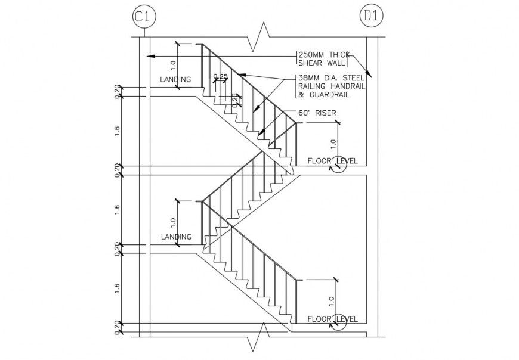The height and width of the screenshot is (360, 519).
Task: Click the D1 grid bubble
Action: [371, 17]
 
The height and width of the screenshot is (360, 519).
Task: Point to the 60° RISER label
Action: [317, 113]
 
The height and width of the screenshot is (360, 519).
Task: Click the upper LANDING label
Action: [176, 79]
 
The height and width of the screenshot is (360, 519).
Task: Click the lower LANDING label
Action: [177, 237]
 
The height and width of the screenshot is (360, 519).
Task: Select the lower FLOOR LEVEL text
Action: [332, 319]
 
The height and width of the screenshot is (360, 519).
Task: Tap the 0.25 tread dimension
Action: [220, 76]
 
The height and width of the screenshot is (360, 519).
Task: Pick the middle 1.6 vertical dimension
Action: [118, 209]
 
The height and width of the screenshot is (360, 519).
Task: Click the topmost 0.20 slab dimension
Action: [118, 91]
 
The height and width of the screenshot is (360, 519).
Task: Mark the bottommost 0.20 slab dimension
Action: [118, 327]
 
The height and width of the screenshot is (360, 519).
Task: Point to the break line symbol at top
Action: [261, 37]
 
